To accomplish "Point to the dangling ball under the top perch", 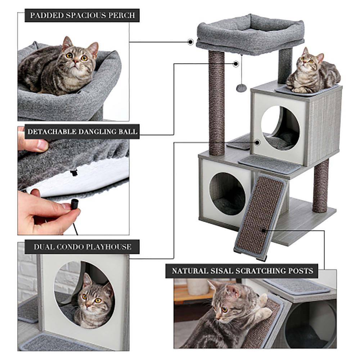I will coord(240,88).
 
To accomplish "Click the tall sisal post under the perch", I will coord(216,103).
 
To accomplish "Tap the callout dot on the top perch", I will coord(190,42).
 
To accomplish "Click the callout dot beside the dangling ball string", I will coord(236,64).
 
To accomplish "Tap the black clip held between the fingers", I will coord(75,204).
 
